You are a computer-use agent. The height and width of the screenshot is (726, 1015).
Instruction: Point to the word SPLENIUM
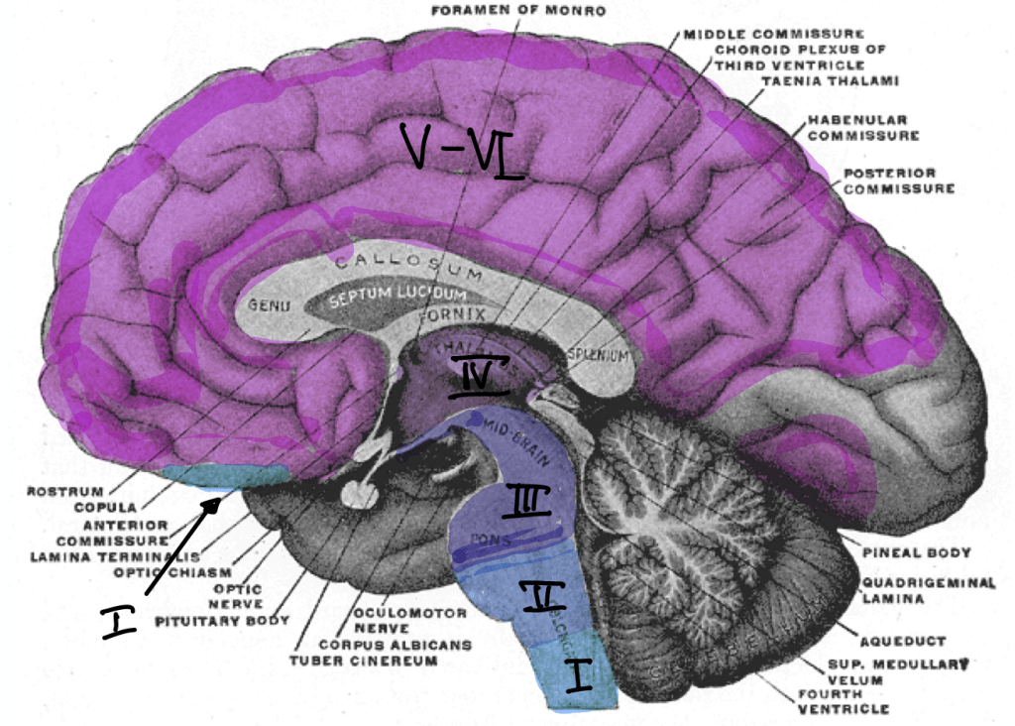tap(597, 354)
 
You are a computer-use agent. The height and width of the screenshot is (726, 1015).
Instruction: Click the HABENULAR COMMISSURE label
tap(862, 128)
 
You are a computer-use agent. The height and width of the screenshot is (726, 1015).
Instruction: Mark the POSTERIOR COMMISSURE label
tap(898, 180)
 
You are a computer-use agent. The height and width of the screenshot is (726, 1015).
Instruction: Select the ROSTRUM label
tap(58, 491)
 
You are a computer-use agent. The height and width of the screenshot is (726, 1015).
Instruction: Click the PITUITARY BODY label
tap(220, 622)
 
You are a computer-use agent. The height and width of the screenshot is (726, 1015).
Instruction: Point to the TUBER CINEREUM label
tap(362, 660)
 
